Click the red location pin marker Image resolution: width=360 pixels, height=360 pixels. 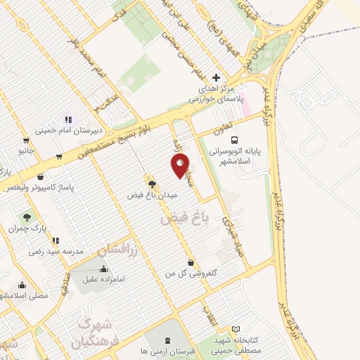click(x=180, y=166)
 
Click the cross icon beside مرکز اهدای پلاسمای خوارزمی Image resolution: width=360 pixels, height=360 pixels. click(x=216, y=77)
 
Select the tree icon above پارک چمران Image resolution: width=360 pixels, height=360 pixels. click(x=27, y=217)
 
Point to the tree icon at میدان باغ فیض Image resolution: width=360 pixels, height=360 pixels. click(x=150, y=184)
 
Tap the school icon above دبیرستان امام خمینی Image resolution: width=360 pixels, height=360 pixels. click(x=68, y=120)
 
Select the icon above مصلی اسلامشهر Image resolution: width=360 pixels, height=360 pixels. click(x=23, y=285)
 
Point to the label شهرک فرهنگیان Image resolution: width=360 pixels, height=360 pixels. click(x=95, y=334)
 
